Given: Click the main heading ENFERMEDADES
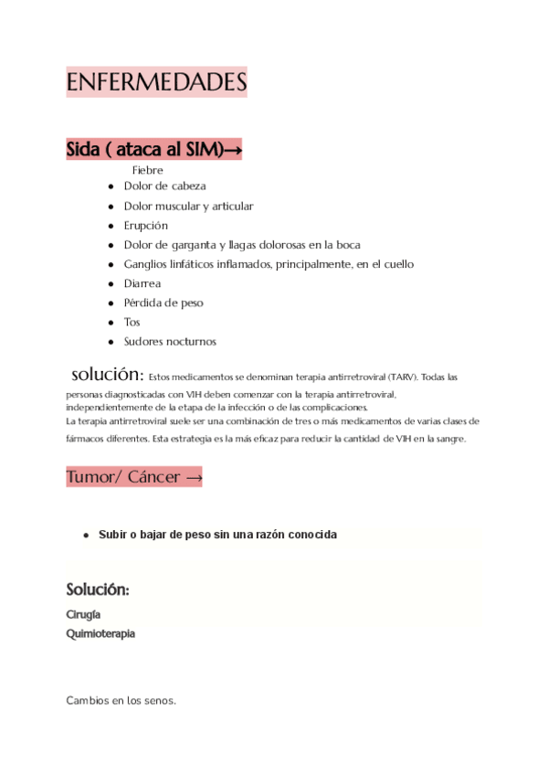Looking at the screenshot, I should (156, 82).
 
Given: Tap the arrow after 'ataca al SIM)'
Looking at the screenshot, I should (232, 150).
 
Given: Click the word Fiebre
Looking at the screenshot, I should (147, 170).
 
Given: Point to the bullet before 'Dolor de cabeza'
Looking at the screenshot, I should (111, 186).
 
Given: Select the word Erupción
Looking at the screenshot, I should (146, 225).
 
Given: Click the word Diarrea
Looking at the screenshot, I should (142, 283).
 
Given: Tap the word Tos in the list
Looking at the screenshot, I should (132, 322).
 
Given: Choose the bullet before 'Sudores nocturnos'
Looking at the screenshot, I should (111, 342).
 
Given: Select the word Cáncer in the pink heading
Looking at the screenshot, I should (154, 476).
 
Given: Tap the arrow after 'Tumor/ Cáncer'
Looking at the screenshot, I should (193, 477).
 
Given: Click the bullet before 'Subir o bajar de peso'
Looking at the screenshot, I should (86, 535).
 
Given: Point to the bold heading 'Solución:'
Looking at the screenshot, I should (98, 589).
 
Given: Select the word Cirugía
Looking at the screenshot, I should (83, 614).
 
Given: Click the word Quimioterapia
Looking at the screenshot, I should (100, 633).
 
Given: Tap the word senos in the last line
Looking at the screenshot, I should (157, 701).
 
